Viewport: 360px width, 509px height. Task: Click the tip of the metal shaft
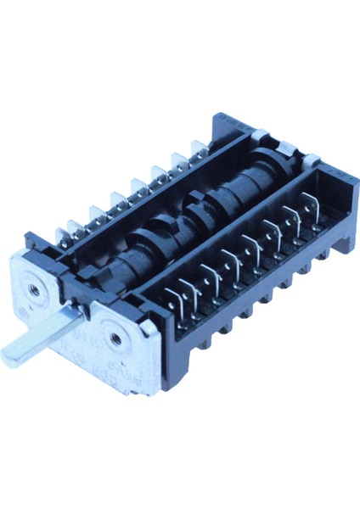pos(8,358)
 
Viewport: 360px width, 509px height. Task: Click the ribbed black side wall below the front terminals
pos(255,305)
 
